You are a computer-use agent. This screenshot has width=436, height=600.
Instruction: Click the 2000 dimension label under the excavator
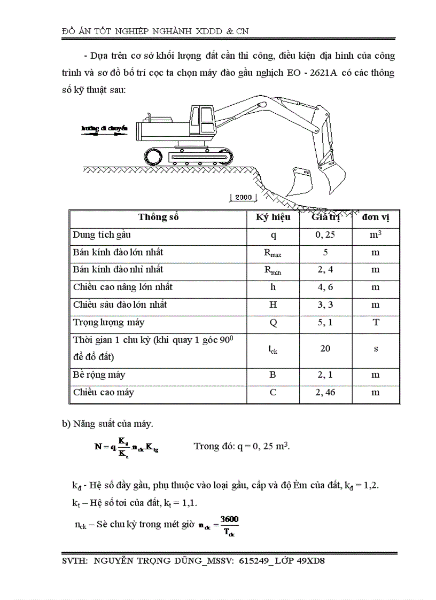tap(243, 197)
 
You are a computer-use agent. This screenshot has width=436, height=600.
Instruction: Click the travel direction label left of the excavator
tap(104, 128)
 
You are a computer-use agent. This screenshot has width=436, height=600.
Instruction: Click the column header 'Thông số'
tap(158, 217)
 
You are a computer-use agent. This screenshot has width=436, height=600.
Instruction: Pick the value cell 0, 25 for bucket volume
tap(325, 235)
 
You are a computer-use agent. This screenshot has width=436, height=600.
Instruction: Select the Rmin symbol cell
tap(272, 270)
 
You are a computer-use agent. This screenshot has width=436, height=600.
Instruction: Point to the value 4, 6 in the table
tap(325, 287)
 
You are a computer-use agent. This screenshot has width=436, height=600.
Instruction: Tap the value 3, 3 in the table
tap(325, 305)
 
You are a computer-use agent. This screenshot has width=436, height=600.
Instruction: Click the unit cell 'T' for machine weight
tap(375, 323)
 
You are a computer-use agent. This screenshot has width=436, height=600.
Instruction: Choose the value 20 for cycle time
tap(325, 348)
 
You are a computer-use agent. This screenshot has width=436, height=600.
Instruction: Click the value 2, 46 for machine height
tap(325, 393)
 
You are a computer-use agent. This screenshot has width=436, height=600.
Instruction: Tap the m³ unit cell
tap(375, 235)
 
